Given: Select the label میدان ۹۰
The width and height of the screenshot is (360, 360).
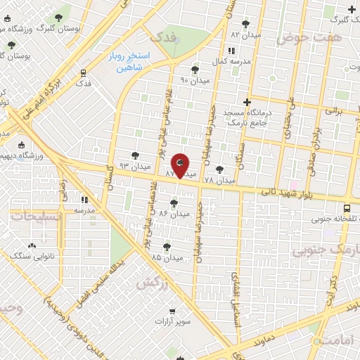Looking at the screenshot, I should [x=192, y=79].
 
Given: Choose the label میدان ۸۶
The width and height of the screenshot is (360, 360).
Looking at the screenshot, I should [x=174, y=212].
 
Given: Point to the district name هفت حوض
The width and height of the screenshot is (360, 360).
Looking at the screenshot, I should [x=303, y=37].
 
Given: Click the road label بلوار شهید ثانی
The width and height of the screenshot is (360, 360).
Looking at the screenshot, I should [x=281, y=191].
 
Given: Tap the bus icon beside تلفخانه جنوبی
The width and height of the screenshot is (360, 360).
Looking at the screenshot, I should [x=347, y=207].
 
